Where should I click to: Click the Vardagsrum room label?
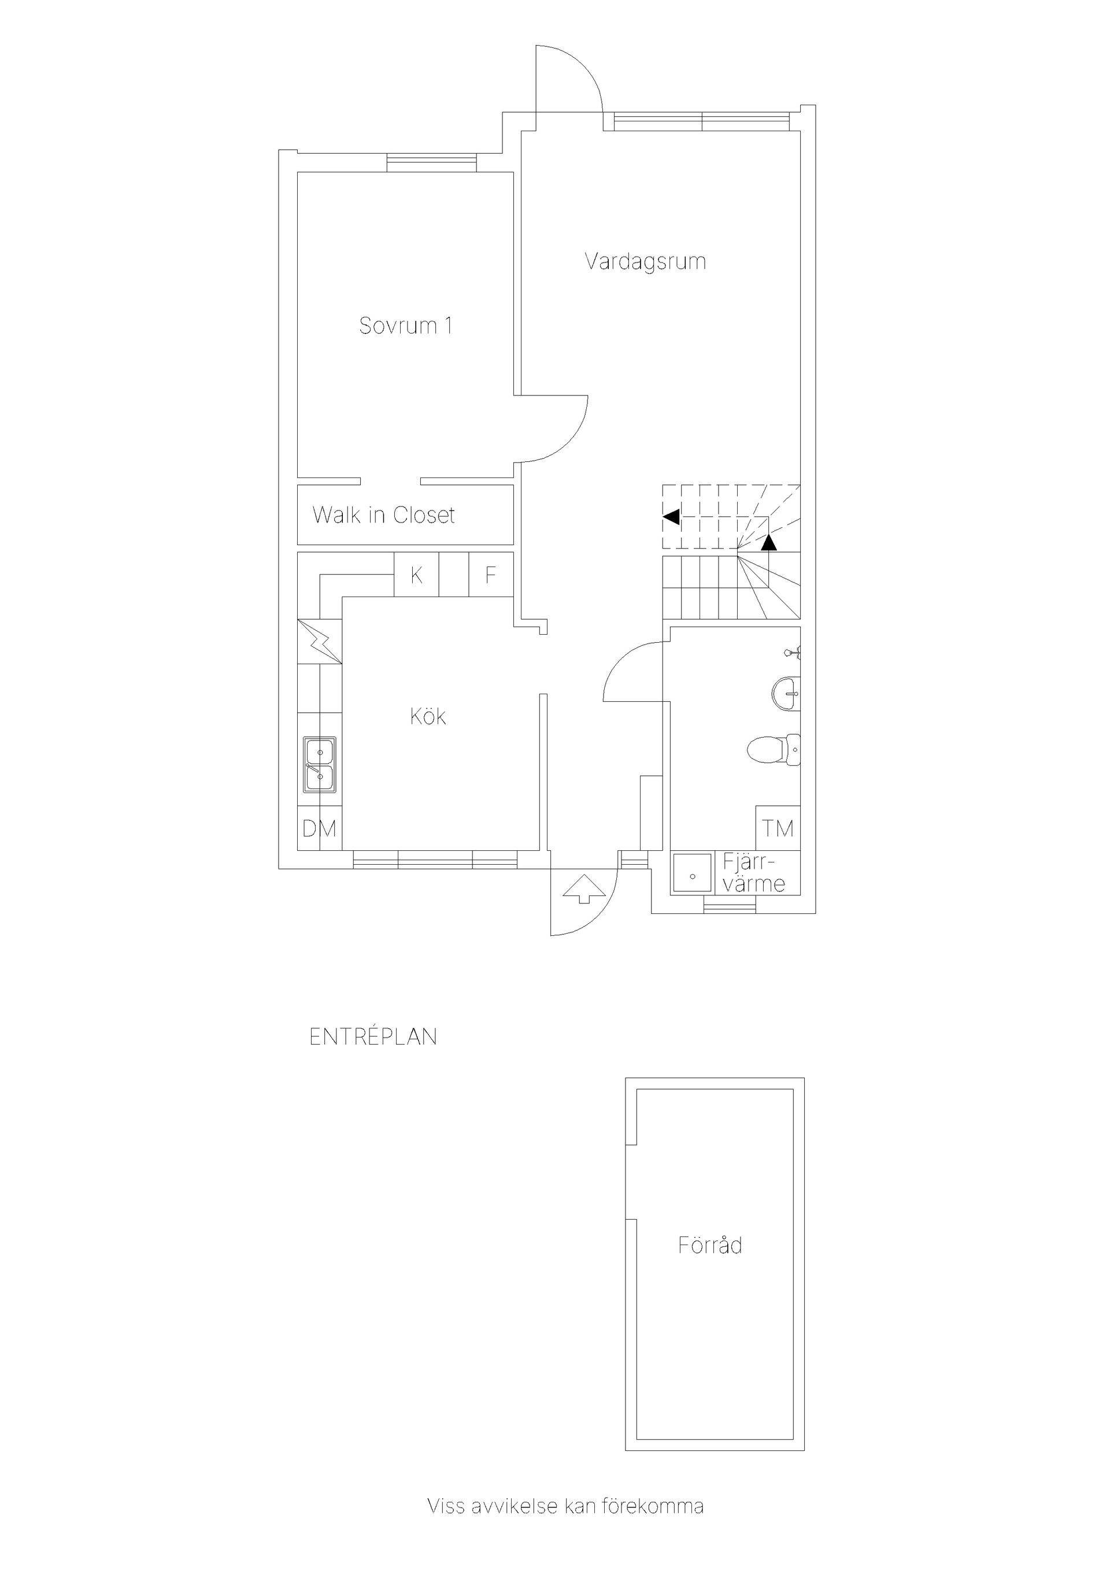645,262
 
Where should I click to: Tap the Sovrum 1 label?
406,325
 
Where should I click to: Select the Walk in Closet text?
384,515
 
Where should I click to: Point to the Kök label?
428,717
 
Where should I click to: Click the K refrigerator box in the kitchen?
416,575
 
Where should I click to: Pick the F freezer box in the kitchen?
491,575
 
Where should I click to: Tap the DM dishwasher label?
319,829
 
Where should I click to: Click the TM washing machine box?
778,828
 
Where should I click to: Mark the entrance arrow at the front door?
583,888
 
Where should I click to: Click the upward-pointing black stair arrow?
769,542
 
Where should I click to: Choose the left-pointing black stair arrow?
671,517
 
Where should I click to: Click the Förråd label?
710,1245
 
